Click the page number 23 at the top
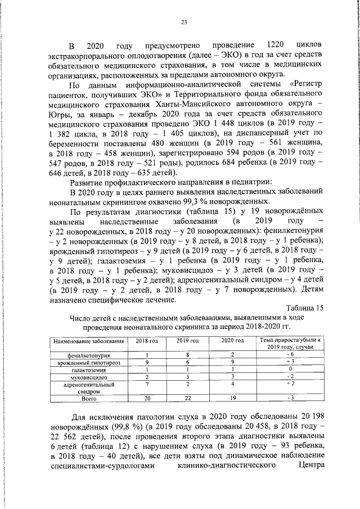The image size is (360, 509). (x=183, y=22)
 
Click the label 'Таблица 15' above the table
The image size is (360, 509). (x=305, y=308)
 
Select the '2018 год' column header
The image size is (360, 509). (x=146, y=341)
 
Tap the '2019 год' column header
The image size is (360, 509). (x=187, y=341)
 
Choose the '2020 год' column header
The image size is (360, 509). (x=232, y=341)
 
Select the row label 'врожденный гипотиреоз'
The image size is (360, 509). (x=88, y=363)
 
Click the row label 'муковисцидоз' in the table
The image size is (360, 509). (x=88, y=376)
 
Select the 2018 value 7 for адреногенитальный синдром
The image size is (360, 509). (x=146, y=384)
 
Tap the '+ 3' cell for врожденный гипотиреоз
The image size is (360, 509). (x=290, y=363)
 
